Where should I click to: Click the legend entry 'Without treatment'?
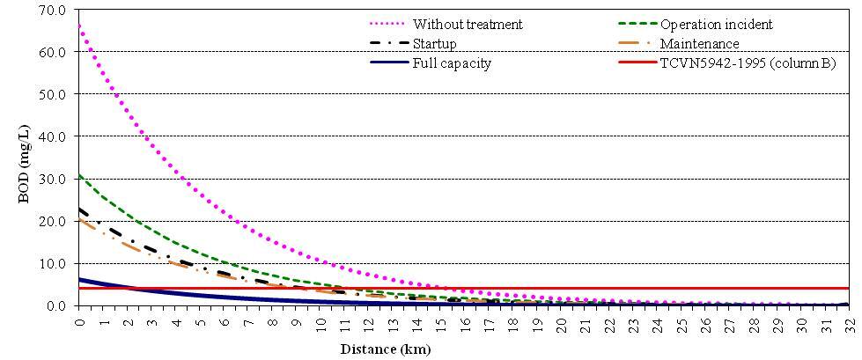[467, 24]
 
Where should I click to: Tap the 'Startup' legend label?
[434, 43]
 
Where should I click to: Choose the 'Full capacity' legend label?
[451, 63]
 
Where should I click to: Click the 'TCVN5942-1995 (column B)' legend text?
[748, 63]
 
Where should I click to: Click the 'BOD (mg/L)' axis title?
[24, 158]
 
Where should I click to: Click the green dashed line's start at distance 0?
[79, 174]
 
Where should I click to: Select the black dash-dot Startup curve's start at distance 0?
[79, 209]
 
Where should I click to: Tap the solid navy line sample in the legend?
[389, 63]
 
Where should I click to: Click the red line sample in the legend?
[634, 63]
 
